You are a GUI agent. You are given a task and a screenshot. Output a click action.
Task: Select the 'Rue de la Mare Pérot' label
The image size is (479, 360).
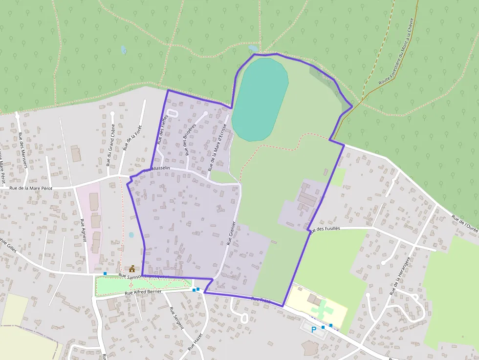point(31,188)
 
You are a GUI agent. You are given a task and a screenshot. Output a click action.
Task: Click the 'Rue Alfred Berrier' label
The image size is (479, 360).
point(143,292)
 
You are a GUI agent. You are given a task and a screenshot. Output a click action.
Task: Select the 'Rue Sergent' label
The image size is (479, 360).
point(176,318)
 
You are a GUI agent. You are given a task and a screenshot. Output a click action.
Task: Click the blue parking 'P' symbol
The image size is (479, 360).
point(313,329)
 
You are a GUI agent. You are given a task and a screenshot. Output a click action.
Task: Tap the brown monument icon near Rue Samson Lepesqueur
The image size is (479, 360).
point(131,269)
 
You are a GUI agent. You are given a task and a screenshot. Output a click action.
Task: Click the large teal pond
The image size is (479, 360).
point(260,100)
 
